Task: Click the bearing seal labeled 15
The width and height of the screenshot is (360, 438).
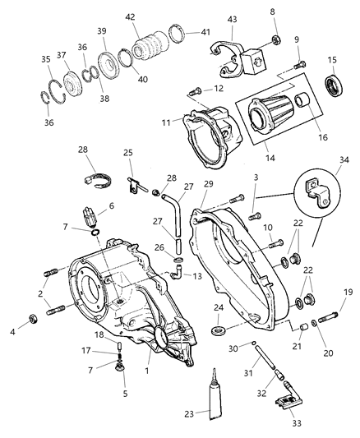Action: [x=335, y=88]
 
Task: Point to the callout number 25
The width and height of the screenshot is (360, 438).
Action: [x=127, y=152]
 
